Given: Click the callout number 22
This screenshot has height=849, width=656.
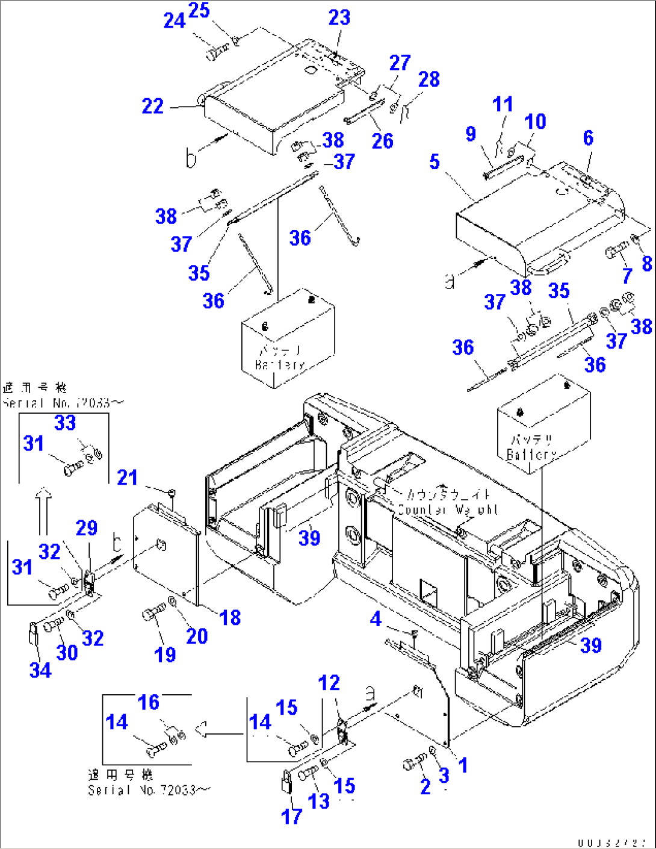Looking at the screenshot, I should point(153,107).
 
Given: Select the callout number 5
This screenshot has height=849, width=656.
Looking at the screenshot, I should point(435,162).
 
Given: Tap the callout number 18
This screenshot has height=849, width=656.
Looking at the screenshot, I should point(230,617).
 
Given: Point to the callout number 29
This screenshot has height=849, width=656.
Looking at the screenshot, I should point(87,528).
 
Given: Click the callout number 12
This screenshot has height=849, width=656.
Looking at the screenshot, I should point(329,683).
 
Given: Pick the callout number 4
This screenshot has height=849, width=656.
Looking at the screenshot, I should point(376,619).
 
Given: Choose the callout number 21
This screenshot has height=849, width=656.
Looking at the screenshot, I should point(127,477).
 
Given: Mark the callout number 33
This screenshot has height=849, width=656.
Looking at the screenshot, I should point(65,423).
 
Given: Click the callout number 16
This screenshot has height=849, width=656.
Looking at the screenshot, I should point(149,702).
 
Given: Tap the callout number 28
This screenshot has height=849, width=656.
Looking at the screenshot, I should point(429,79).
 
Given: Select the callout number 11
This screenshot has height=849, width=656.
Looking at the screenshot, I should point(503,104).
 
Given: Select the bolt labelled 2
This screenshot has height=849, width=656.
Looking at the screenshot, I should point(412,764).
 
